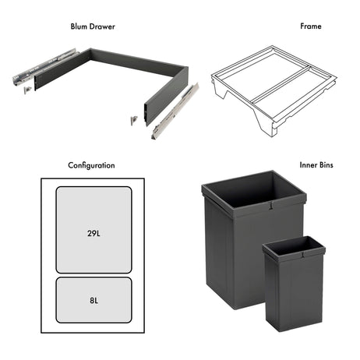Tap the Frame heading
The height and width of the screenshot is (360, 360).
310,26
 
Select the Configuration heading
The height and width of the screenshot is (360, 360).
91,165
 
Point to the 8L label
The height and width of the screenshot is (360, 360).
94,298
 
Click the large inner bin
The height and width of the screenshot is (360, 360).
234,249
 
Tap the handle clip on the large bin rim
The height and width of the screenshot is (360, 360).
270,206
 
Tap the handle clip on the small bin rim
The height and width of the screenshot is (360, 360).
303,254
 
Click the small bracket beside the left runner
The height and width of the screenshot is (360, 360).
28,89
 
